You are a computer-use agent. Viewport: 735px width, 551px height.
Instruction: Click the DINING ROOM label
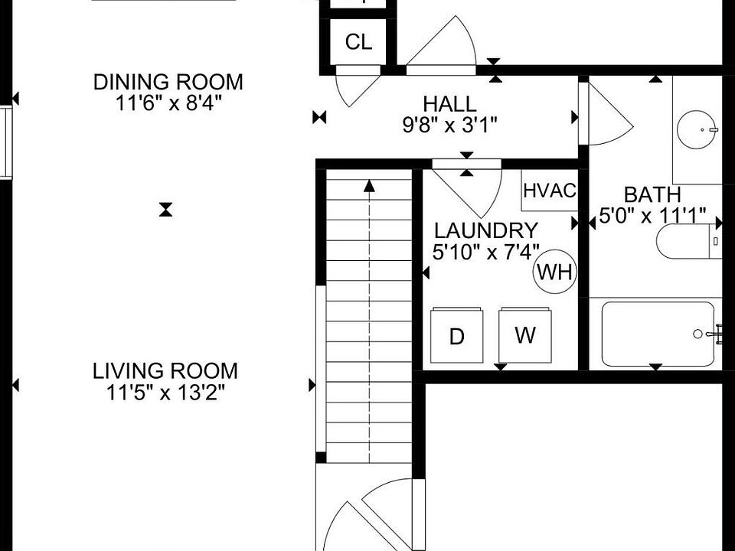[x=168, y=82]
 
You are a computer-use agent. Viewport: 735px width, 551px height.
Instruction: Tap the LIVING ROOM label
[x=165, y=371]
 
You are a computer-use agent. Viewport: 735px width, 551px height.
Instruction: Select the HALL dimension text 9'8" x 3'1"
[x=450, y=125]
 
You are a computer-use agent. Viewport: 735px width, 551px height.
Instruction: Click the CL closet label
[x=358, y=42]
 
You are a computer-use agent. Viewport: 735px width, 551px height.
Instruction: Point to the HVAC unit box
[x=550, y=191]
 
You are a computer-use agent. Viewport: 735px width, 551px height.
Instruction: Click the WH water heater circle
[x=555, y=271]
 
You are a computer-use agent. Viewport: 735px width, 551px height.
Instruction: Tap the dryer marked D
[x=456, y=335]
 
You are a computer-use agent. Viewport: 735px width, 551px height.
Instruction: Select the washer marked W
[x=525, y=335]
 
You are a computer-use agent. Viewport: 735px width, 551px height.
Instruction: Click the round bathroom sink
[x=697, y=130]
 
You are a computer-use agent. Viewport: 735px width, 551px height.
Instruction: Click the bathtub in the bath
[x=659, y=334]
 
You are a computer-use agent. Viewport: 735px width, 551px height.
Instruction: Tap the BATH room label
[x=652, y=194]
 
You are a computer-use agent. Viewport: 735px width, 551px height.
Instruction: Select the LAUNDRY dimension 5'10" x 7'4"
[x=485, y=253]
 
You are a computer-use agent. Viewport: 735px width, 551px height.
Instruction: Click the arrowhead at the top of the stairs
[x=370, y=185]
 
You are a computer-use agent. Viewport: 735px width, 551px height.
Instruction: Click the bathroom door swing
[x=610, y=115]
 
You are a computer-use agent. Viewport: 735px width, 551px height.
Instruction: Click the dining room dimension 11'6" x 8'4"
[x=168, y=103]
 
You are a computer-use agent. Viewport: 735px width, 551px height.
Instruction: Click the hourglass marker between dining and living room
[x=165, y=210]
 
